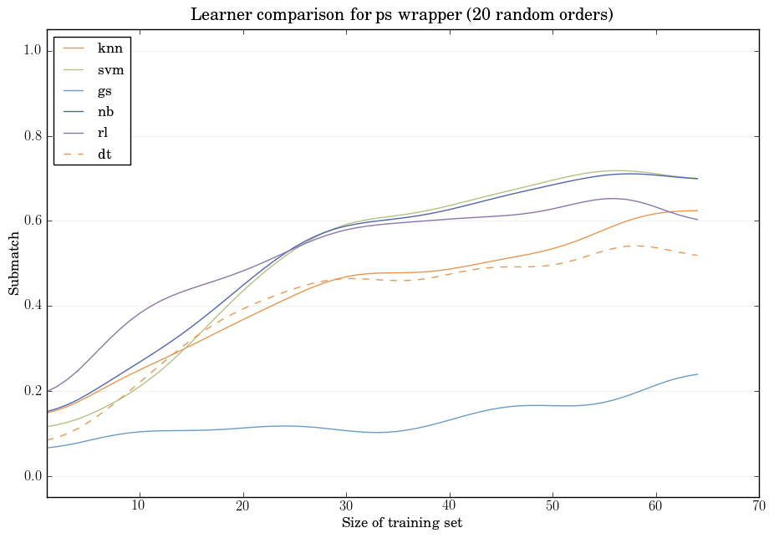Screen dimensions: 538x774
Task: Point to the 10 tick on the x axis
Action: [139, 506]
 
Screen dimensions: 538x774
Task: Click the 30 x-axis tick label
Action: [346, 506]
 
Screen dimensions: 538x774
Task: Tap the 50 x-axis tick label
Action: [552, 506]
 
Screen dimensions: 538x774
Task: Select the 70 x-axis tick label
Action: [759, 506]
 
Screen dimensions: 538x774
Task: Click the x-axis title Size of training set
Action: [402, 524]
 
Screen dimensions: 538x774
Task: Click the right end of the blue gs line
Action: [697, 374]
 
